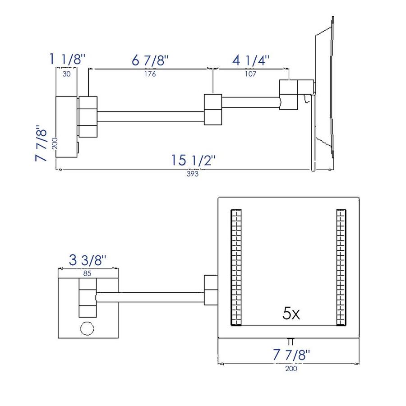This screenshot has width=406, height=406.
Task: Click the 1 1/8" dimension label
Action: [x=67, y=59]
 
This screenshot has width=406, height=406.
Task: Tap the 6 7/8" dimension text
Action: [x=150, y=60]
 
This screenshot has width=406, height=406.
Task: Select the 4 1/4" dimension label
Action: [x=251, y=60]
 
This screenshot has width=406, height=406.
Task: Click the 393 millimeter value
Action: [x=193, y=174]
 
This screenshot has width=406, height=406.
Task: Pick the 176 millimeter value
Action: [x=150, y=74]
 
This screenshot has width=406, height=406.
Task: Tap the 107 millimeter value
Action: [x=251, y=74]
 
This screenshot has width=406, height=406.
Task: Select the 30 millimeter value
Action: [x=67, y=74]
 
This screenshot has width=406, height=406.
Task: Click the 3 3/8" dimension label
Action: [x=88, y=260]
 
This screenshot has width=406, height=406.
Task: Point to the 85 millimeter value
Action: [x=88, y=273]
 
